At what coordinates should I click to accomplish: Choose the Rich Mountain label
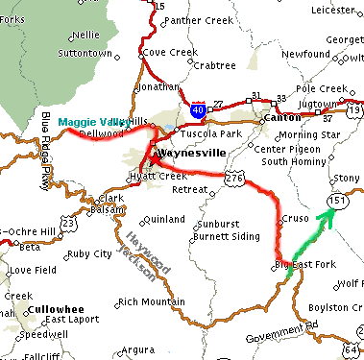point(151,302)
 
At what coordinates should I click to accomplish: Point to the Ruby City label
point(91,254)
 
